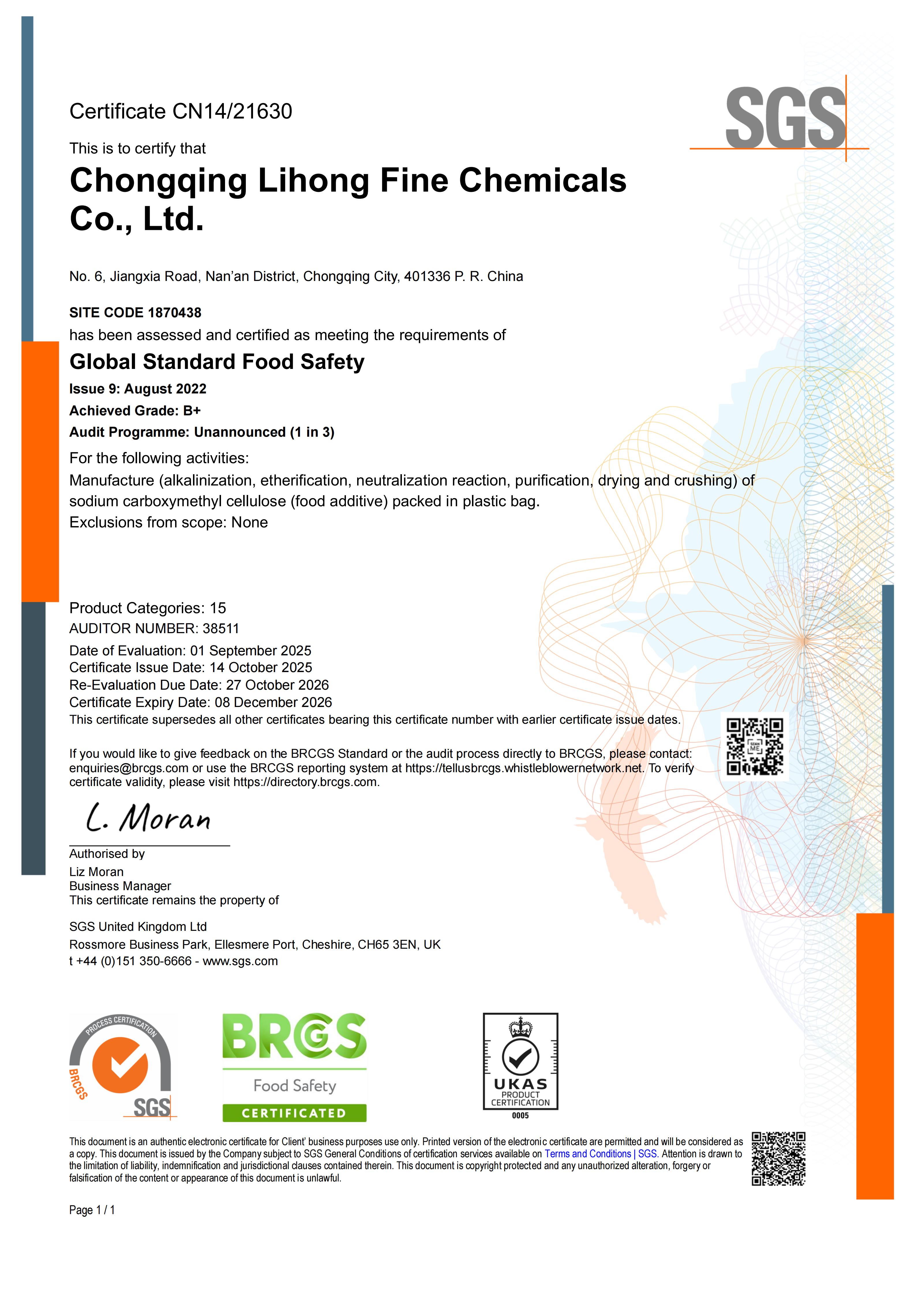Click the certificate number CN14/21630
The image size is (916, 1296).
pos(232,112)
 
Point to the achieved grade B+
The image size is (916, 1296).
pos(192,411)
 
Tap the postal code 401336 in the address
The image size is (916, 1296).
pos(427,277)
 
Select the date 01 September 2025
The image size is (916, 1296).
pos(251,651)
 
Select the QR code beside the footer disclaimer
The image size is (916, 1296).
pos(778,1159)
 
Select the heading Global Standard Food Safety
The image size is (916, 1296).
pos(217,362)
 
